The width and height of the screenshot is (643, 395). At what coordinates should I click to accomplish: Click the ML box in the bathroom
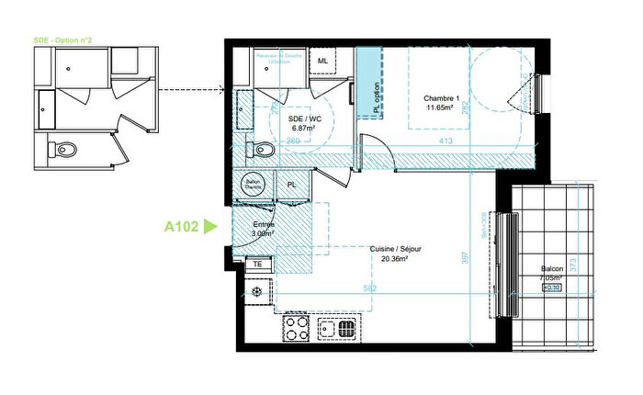pyautogui.click(x=322, y=62)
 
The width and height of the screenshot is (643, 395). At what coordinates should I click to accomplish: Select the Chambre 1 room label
pyautogui.click(x=442, y=98)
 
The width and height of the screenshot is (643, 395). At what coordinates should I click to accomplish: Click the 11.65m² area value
pyautogui.click(x=442, y=107)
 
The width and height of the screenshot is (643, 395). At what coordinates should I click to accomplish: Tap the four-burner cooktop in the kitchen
pyautogui.click(x=296, y=326)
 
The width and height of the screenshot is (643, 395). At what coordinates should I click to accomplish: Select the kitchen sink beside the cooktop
pyautogui.click(x=345, y=327)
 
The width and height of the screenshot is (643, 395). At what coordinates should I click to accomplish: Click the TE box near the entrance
pyautogui.click(x=258, y=263)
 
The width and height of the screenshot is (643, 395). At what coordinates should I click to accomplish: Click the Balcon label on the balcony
pyautogui.click(x=552, y=270)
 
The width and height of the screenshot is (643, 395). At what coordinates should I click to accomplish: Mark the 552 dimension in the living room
pyautogui.click(x=368, y=289)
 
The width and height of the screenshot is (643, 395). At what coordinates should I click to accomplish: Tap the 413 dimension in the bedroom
pyautogui.click(x=446, y=141)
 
